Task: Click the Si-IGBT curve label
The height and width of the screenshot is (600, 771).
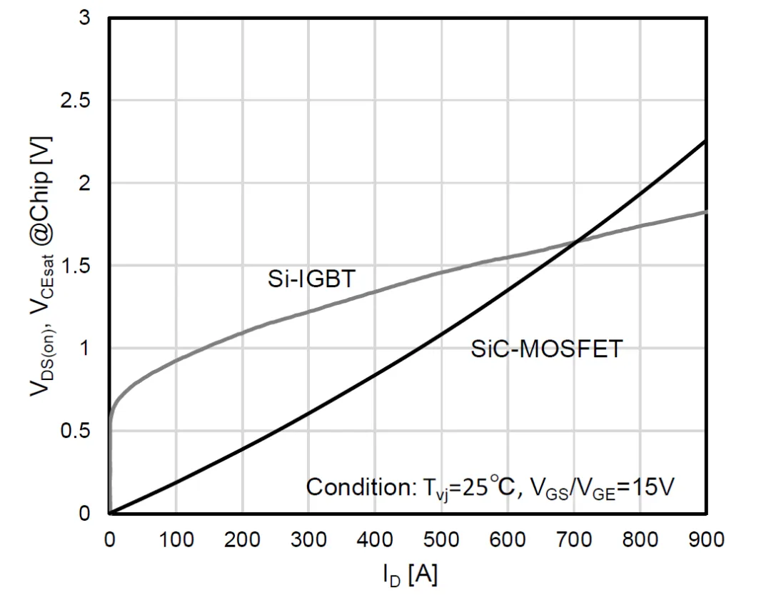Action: pos(311,279)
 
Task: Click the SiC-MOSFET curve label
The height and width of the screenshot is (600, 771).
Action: pos(547,349)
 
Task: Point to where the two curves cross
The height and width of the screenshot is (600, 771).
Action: pos(575,242)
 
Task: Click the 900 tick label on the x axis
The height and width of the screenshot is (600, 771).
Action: pos(705,539)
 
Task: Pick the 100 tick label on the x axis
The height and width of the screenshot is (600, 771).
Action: pos(176,539)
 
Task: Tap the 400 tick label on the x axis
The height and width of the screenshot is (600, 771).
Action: pos(375,539)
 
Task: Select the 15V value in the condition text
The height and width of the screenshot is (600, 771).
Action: pos(651,487)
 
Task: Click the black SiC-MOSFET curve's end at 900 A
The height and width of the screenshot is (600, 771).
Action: pos(705,141)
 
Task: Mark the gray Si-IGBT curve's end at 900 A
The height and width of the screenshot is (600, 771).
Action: pos(705,211)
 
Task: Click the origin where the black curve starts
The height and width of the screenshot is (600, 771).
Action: pos(110,513)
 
